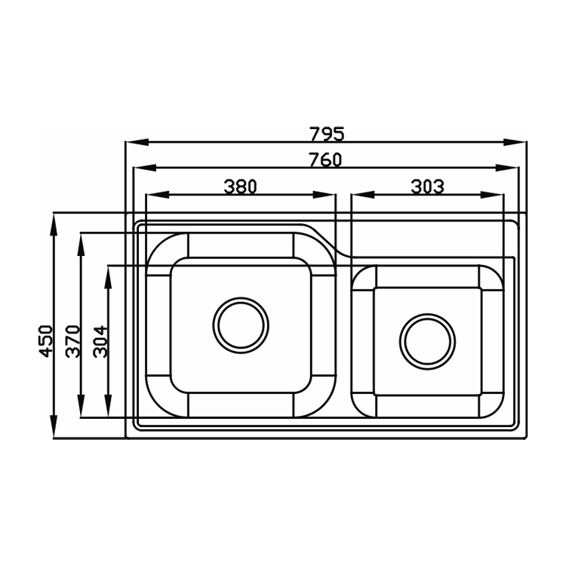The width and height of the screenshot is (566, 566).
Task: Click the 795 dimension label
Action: tap(328, 134)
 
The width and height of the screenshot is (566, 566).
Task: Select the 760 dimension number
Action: tap(325, 160)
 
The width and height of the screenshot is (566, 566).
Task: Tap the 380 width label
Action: tap(240, 186)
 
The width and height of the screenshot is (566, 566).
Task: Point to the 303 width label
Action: tap(427, 186)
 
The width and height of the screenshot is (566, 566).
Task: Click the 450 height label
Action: tap(46, 341)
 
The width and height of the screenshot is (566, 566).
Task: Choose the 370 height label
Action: tap(73, 341)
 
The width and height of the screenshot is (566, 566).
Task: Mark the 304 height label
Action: tap(100, 341)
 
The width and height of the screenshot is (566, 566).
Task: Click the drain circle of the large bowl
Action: tap(241, 325)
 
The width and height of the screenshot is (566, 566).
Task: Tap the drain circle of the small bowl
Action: tap(427, 341)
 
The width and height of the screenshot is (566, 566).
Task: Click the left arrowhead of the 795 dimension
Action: tap(137, 142)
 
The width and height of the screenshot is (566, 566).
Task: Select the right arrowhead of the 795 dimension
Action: tap(515, 142)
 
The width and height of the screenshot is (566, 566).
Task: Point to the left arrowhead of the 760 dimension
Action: tap(145, 168)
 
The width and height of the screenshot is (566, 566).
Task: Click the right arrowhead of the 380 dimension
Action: tap(325, 195)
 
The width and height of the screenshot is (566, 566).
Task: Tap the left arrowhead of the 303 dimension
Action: tap(363, 195)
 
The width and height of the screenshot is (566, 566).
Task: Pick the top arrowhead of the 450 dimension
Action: tap(54, 226)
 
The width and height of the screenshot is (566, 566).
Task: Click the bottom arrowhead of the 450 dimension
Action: tap(54, 426)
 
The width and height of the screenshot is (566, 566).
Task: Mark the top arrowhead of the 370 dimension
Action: tap(82, 245)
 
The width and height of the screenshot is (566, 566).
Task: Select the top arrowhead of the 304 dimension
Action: tap(108, 278)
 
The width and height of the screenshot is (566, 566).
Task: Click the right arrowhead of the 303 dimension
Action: tap(491, 195)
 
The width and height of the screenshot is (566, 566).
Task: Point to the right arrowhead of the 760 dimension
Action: tap(507, 168)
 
